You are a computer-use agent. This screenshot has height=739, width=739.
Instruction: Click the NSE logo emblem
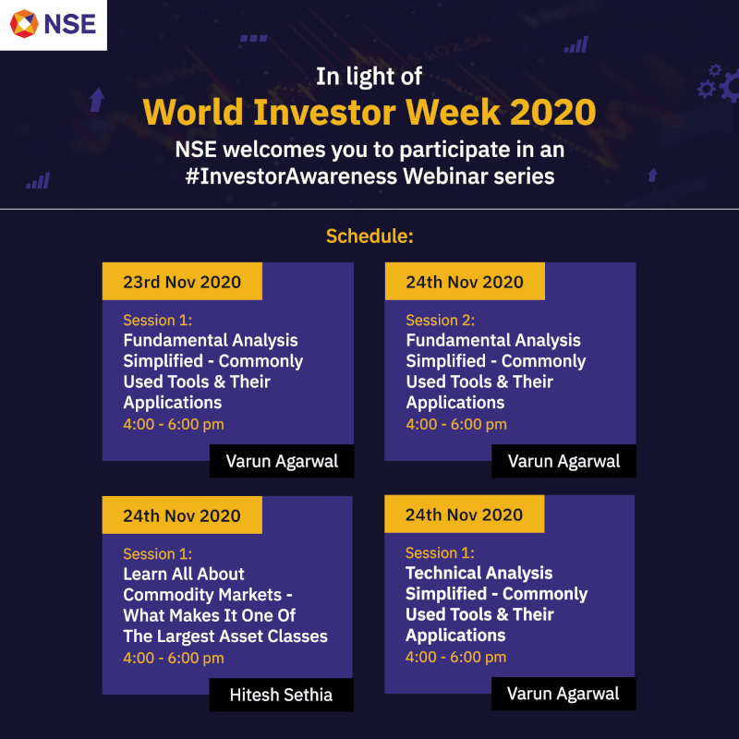(24, 24)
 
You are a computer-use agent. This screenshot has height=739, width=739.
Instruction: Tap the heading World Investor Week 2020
(369, 112)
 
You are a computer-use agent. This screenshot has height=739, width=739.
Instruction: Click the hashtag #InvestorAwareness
(291, 176)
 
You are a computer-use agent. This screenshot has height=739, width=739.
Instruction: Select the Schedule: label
(369, 236)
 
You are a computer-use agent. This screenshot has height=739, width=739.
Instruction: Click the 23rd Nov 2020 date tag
(182, 282)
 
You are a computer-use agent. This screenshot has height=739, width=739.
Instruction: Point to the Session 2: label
(441, 320)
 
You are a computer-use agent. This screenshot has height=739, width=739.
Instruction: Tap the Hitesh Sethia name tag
(281, 695)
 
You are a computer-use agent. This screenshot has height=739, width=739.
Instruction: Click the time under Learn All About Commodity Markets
(174, 658)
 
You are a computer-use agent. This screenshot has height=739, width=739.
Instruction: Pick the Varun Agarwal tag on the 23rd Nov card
(282, 461)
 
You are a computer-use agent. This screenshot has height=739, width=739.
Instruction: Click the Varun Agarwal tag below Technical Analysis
(563, 694)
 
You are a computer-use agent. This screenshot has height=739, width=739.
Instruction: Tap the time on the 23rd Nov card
(174, 424)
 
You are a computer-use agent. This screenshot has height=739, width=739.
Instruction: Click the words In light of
(369, 77)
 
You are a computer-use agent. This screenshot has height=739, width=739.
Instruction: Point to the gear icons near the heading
(718, 83)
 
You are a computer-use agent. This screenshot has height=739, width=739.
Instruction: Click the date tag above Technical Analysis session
(465, 515)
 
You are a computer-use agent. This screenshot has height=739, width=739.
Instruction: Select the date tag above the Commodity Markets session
(182, 515)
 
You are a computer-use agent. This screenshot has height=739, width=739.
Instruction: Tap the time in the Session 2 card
(456, 424)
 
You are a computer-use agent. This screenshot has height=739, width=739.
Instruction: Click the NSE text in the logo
(70, 24)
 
